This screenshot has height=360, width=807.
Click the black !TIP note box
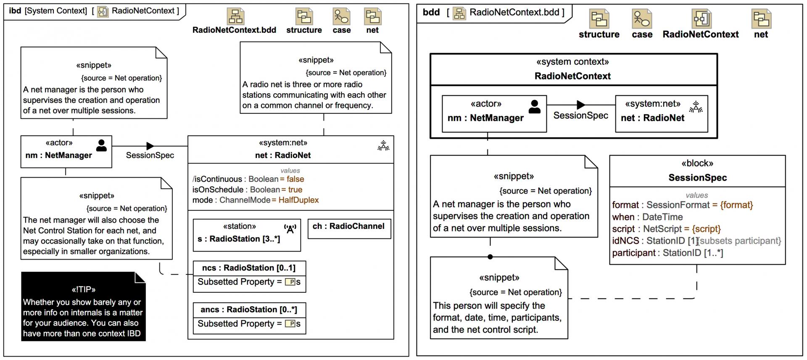coord(83,307)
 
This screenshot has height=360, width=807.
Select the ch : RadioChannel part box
coord(349,229)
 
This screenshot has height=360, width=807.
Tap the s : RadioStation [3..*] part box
coord(247,235)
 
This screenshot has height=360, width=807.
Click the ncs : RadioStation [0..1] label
coord(249,268)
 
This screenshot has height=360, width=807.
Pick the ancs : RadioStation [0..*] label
coord(249,310)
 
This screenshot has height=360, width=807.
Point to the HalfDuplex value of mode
coord(298,200)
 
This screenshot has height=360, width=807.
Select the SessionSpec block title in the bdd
coord(697,178)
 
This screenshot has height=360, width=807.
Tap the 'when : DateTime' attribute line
coord(647,217)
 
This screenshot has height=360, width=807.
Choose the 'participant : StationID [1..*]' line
coord(667,253)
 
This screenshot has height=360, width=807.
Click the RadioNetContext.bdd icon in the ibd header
coord(235,17)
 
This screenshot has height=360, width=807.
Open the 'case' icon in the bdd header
coord(641,19)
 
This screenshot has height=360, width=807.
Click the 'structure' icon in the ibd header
coord(304,17)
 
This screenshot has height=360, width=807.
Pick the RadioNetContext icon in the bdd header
coord(701,19)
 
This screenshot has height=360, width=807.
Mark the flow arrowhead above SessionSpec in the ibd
coord(150,146)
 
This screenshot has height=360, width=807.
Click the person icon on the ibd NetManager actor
coord(101,145)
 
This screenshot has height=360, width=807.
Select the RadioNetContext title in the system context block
coord(572,76)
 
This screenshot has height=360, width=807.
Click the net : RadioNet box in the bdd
coord(661,114)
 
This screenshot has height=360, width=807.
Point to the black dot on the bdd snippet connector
coord(490,257)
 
